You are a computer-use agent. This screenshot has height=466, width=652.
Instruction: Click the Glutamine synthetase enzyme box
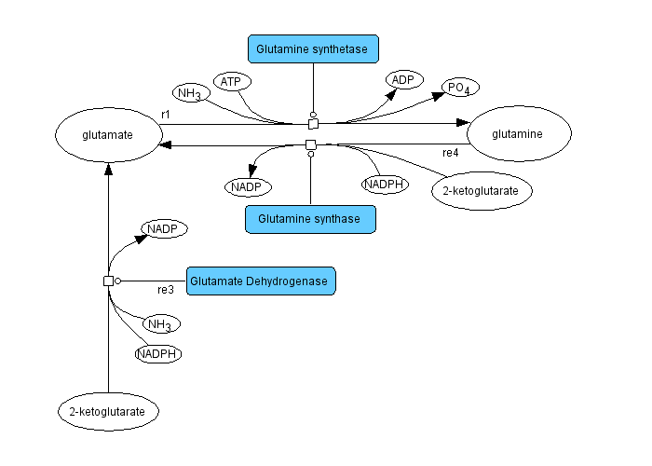pyautogui.click(x=313, y=48)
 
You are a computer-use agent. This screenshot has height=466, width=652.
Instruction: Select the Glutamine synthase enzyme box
pyautogui.click(x=310, y=219)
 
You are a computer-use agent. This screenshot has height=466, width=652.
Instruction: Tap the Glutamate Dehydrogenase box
pyautogui.click(x=260, y=281)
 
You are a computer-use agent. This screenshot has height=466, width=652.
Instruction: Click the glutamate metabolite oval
pyautogui.click(x=107, y=134)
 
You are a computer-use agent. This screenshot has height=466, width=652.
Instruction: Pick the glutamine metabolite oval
pyautogui.click(x=518, y=134)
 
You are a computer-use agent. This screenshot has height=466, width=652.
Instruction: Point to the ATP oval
pyautogui.click(x=230, y=82)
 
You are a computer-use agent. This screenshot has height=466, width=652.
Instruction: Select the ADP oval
pyautogui.click(x=402, y=79)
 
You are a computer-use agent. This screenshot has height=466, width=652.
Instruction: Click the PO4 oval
pyautogui.click(x=460, y=88)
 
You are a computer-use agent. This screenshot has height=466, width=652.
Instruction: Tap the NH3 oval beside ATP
pyautogui.click(x=190, y=93)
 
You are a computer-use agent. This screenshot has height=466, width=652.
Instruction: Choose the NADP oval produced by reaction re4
pyautogui.click(x=248, y=186)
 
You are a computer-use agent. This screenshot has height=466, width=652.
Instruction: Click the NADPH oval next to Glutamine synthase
pyautogui.click(x=385, y=185)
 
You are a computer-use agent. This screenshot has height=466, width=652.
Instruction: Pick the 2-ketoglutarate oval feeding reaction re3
pyautogui.click(x=108, y=410)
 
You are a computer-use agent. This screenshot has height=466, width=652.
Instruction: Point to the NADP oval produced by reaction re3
pyautogui.click(x=164, y=228)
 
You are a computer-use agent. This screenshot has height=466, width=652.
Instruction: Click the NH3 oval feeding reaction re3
pyautogui.click(x=160, y=324)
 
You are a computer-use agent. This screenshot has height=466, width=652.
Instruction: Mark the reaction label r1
pyautogui.click(x=165, y=114)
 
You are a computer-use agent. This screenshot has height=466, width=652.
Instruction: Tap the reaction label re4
pyautogui.click(x=451, y=152)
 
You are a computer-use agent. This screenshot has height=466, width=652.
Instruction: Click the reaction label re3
pyautogui.click(x=165, y=290)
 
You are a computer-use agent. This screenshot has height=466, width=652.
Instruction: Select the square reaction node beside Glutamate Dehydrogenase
pyautogui.click(x=108, y=281)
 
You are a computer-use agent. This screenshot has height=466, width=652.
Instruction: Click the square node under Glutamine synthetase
pyautogui.click(x=313, y=123)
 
